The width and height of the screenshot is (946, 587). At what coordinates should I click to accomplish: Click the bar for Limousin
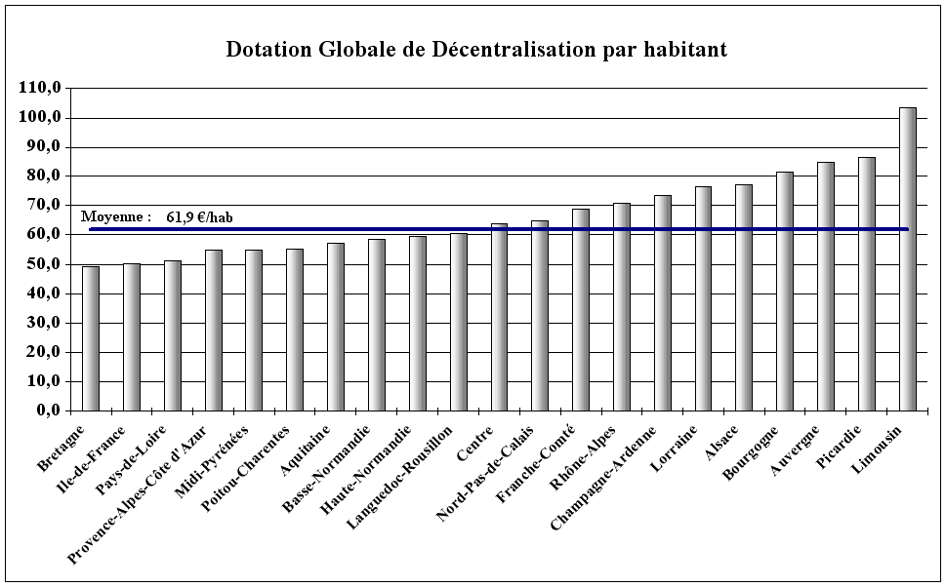click(907, 258)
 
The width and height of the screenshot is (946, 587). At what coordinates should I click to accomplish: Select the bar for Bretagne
click(91, 337)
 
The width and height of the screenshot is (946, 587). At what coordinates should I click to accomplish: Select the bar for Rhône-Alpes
click(621, 306)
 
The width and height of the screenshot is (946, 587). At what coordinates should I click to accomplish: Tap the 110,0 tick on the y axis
click(40, 88)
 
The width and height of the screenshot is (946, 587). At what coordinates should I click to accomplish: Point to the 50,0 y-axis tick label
click(44, 264)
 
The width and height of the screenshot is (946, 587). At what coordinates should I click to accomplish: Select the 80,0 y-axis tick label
click(44, 176)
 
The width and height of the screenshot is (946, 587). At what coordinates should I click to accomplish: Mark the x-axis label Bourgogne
click(753, 450)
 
